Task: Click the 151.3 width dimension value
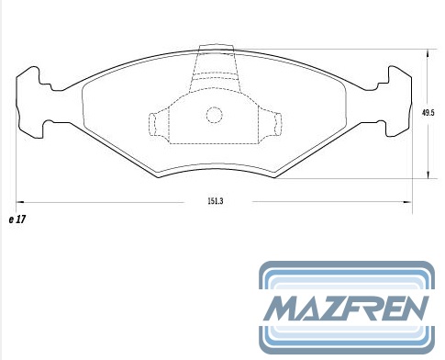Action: (x=216, y=201)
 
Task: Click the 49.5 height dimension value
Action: (x=428, y=113)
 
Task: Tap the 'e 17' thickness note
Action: (x=17, y=219)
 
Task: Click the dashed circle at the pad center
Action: (x=214, y=115)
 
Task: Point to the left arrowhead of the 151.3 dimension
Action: (x=20, y=202)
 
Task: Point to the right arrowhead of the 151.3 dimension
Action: (x=407, y=202)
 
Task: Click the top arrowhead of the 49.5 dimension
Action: (x=428, y=53)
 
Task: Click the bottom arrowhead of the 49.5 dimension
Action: (x=428, y=174)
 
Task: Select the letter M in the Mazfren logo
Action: (x=282, y=309)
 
